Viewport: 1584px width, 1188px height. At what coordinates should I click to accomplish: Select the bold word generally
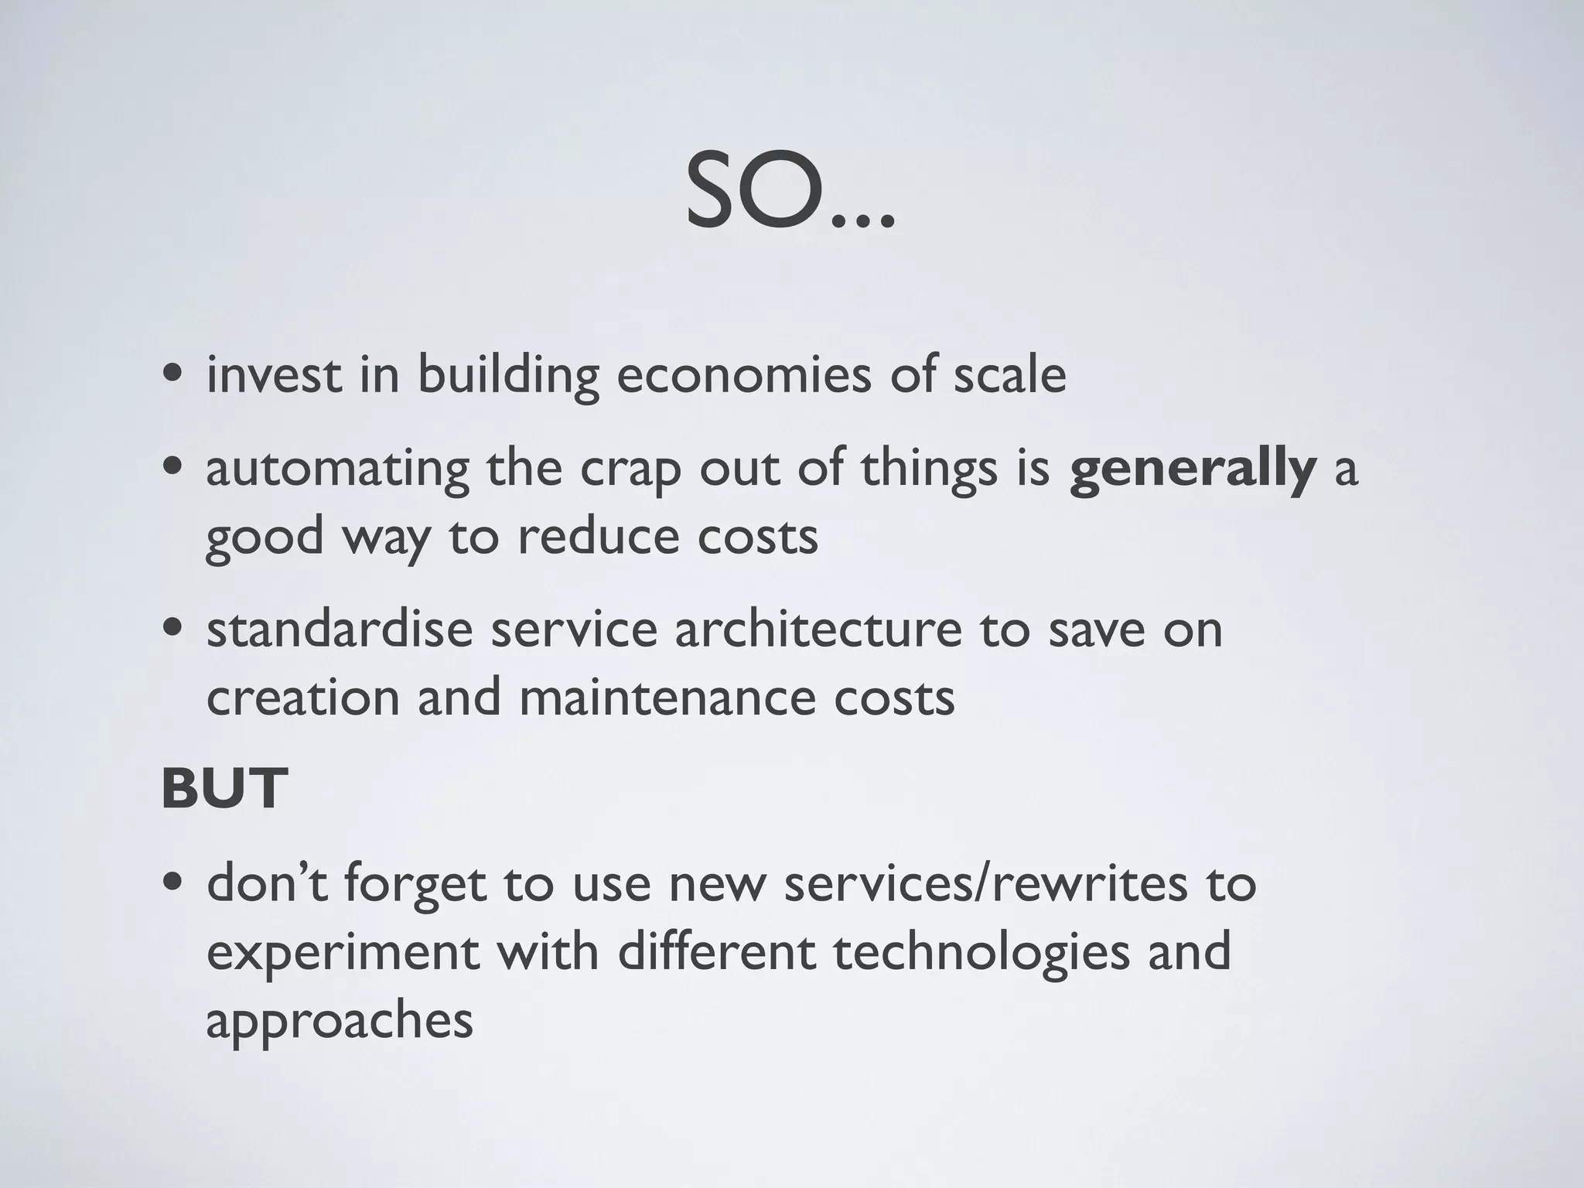[1192, 469]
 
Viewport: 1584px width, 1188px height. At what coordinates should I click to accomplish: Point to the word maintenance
[665, 698]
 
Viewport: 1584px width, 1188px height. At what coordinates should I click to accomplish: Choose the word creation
[302, 698]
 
